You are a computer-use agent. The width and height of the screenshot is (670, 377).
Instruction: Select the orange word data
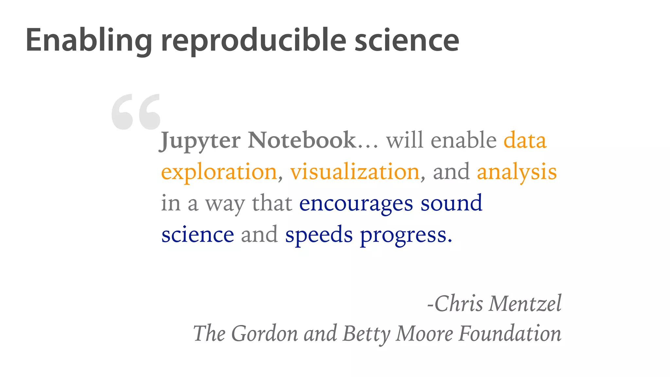[x=525, y=140]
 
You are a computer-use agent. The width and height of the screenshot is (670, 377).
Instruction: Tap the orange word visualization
[x=355, y=171]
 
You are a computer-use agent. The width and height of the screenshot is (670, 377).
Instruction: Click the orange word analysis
[x=517, y=172]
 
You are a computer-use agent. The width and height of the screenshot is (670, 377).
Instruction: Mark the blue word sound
[x=451, y=203]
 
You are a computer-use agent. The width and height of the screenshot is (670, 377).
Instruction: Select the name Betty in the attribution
[x=366, y=334]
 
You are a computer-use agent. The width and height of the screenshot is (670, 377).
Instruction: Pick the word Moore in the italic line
[x=424, y=333]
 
